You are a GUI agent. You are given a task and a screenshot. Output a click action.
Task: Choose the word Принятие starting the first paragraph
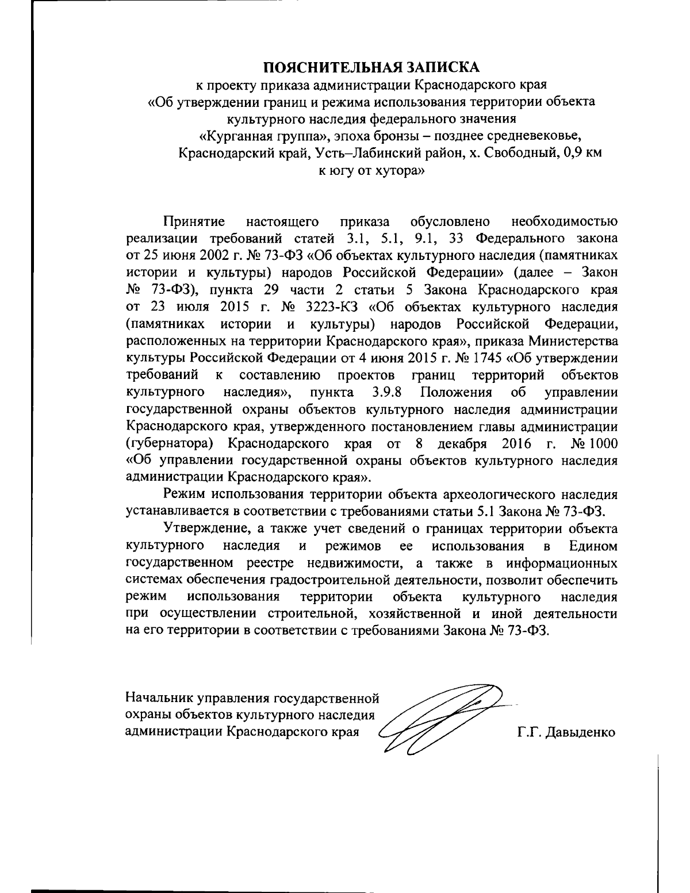193,221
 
